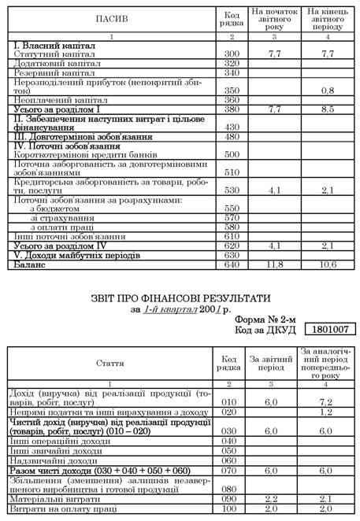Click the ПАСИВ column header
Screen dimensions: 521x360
[x=109, y=17]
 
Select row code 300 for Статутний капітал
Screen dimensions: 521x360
[x=232, y=54]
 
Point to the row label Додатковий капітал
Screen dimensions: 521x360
[x=50, y=62]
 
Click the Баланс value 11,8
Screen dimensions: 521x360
[x=275, y=265]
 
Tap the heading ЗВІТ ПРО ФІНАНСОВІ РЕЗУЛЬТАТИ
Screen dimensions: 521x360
[x=179, y=299]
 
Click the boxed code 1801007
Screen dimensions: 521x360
[x=329, y=329]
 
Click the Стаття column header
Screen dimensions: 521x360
[x=109, y=364]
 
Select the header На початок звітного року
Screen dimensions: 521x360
[x=275, y=18]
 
